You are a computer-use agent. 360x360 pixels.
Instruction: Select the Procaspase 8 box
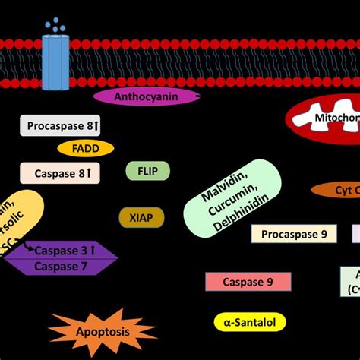point(60,125)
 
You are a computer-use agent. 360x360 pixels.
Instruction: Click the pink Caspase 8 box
point(60,174)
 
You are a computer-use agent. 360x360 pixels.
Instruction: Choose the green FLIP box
point(147,171)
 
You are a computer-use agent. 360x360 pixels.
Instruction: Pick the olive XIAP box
point(141,218)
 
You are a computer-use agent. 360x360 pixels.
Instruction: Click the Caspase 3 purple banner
point(61,250)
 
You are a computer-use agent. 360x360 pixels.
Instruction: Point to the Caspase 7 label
point(61,266)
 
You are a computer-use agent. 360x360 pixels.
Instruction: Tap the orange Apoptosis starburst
point(102,330)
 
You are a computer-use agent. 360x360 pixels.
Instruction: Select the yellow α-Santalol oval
point(250,322)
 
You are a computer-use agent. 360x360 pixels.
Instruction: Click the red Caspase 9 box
point(248,282)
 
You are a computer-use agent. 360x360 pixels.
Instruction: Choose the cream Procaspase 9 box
point(294,234)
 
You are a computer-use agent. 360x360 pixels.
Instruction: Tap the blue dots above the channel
point(55,25)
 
